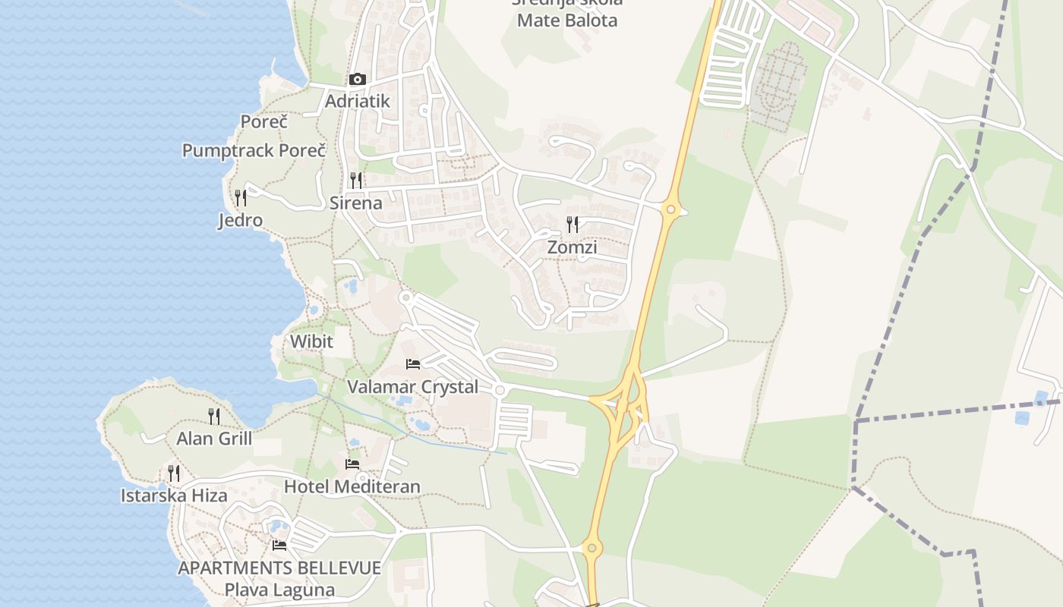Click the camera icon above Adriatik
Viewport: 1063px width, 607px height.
(x=357, y=80)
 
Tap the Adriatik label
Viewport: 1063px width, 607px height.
(x=357, y=101)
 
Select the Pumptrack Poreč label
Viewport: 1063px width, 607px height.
(x=254, y=150)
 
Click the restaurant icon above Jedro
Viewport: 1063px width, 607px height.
(x=241, y=198)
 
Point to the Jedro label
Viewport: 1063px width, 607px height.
(x=240, y=221)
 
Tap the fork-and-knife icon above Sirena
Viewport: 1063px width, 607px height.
(x=355, y=181)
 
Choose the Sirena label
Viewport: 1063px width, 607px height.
(x=355, y=203)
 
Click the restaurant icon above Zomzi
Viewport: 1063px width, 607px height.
(x=573, y=225)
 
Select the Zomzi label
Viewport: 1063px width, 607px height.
(x=572, y=247)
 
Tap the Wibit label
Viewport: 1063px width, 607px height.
(x=311, y=341)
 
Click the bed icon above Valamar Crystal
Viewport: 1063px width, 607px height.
(x=413, y=364)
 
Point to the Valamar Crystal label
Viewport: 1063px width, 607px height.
(x=413, y=387)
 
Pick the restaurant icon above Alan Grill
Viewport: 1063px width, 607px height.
(x=214, y=416)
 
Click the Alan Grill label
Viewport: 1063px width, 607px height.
(x=214, y=439)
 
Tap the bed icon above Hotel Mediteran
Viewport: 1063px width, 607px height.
(x=352, y=464)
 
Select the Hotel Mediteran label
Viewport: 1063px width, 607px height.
(x=352, y=486)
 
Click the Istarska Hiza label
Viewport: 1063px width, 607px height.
(x=174, y=496)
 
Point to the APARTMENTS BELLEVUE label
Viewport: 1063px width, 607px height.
(x=279, y=568)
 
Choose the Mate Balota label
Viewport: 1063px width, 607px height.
(x=567, y=20)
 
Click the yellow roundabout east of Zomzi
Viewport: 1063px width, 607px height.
(x=670, y=209)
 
